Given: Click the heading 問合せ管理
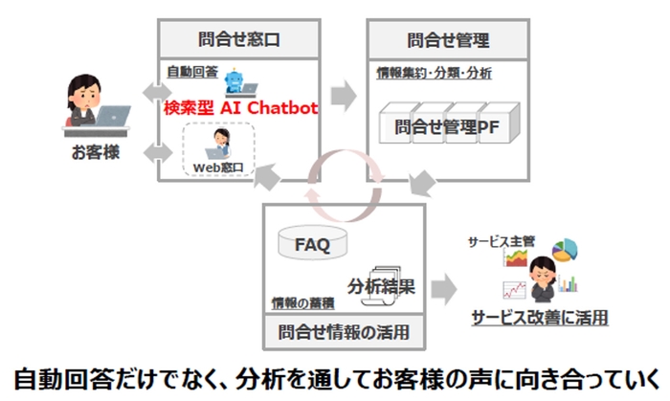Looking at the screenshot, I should [449, 40].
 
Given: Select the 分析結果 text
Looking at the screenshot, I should [382, 284].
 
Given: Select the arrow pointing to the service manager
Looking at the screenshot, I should [442, 287].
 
